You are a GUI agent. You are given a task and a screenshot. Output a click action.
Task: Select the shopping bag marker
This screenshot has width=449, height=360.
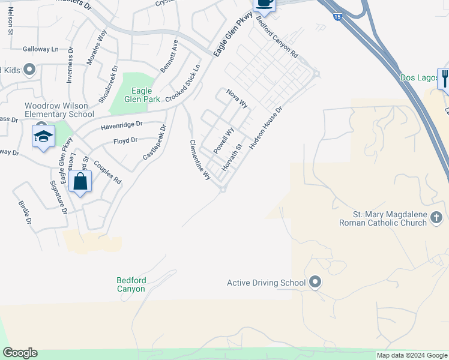(80, 181)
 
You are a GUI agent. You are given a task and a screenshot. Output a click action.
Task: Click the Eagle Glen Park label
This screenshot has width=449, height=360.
(142, 95)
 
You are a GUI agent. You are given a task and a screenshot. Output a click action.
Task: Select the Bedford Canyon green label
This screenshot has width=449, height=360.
(131, 284)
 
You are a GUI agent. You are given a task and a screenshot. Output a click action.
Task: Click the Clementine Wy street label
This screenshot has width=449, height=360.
(200, 160)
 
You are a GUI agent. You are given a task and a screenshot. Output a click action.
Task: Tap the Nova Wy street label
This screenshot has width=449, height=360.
(237, 98)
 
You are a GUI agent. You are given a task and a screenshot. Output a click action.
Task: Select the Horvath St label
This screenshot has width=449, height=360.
(232, 155)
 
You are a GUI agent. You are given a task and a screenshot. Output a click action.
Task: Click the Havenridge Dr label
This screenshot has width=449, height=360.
(121, 125)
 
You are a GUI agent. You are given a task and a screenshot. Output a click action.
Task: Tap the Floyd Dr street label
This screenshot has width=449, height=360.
(125, 140)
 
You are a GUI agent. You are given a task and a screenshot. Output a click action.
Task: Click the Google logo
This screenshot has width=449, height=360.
(20, 353)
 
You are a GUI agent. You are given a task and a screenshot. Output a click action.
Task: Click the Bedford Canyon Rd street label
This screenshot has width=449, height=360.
(277, 36)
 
